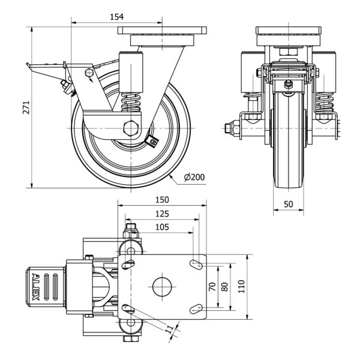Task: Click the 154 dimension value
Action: click(x=117, y=17)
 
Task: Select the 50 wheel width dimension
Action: click(x=289, y=204)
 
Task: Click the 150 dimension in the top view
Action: click(x=161, y=200)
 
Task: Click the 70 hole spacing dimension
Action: click(x=211, y=287)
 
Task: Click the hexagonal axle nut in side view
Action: click(x=130, y=128)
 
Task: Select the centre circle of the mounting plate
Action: click(x=162, y=286)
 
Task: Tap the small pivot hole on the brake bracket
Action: click(x=89, y=73)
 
